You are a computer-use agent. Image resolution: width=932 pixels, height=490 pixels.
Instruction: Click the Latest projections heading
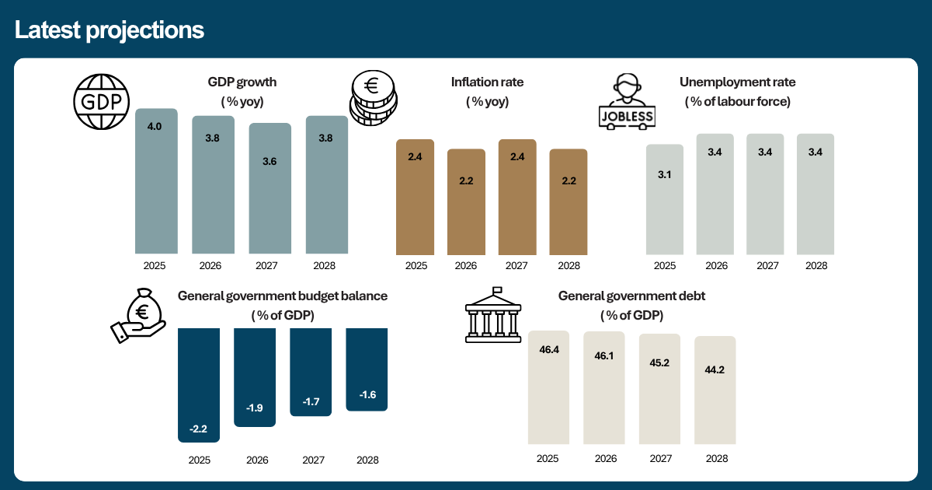[x=110, y=30]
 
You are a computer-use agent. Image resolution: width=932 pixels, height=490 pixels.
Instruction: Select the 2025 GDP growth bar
[x=156, y=181]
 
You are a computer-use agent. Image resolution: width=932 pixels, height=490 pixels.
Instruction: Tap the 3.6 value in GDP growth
[x=270, y=161]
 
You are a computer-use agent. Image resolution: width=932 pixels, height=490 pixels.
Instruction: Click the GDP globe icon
[x=102, y=102]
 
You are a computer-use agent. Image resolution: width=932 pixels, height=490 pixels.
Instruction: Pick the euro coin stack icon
[x=374, y=98]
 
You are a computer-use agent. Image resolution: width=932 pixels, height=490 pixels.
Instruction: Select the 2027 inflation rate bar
[x=517, y=197]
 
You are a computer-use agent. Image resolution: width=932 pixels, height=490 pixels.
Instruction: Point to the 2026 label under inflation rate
[x=465, y=266]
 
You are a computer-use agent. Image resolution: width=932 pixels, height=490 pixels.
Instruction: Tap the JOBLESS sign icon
[x=627, y=102]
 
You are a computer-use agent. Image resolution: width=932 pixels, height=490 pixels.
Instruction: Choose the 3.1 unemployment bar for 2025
[x=665, y=200]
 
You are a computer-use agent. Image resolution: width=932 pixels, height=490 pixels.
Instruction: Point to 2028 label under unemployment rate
[x=816, y=266]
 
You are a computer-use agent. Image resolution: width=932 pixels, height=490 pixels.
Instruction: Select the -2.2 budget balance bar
[x=199, y=385]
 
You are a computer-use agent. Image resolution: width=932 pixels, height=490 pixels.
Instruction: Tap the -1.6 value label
[x=368, y=394]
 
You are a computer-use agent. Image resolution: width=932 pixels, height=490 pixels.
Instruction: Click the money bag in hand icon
[x=138, y=316]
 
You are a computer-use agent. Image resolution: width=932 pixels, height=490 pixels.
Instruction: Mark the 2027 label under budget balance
[x=313, y=460]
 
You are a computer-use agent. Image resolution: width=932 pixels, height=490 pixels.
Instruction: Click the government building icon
[x=493, y=315]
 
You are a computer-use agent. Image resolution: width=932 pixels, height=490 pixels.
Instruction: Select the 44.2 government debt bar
[x=715, y=390]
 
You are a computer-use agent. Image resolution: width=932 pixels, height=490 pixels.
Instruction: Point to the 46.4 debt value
[x=549, y=349]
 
